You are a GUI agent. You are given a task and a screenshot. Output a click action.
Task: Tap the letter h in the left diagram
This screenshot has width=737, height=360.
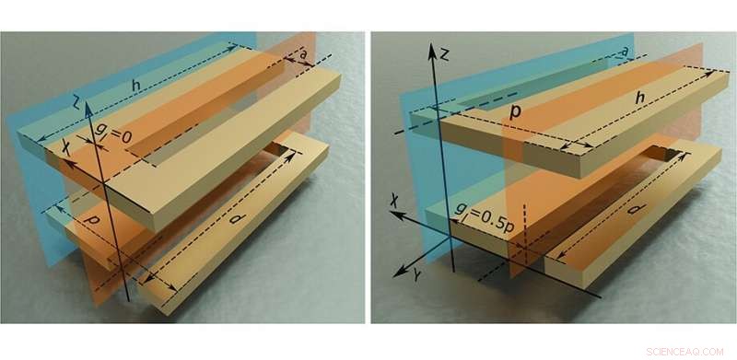(136, 86)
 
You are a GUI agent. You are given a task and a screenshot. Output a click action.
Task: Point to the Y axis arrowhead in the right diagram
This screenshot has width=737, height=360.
(398, 273)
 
